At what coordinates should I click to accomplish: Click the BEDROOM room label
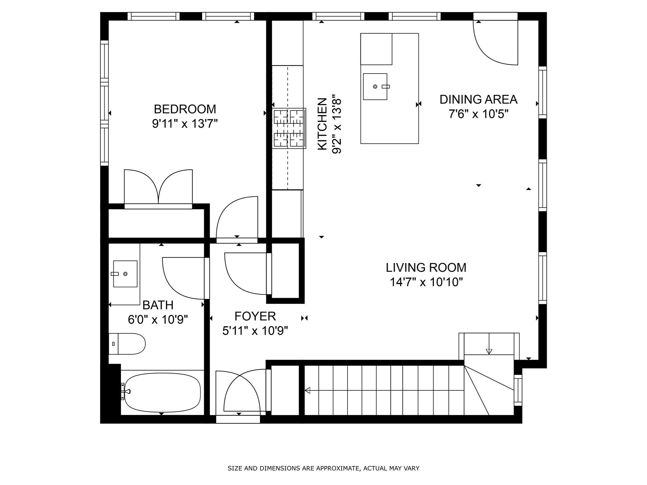click(x=185, y=109)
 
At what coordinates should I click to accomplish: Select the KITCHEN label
click(x=322, y=124)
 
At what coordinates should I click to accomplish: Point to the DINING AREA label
click(x=478, y=99)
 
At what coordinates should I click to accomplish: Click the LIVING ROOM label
click(x=426, y=267)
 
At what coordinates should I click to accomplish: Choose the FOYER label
click(x=255, y=316)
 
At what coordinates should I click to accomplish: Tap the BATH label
click(x=158, y=305)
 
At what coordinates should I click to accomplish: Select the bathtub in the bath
click(x=162, y=393)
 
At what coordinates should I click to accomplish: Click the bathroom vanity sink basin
click(x=125, y=274)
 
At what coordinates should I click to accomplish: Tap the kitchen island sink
click(x=375, y=87)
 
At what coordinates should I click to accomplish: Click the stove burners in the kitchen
click(x=289, y=128)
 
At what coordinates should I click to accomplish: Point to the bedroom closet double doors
click(x=158, y=187)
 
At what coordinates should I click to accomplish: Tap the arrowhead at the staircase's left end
click(x=307, y=390)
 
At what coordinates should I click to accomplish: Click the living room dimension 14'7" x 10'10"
click(x=426, y=282)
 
